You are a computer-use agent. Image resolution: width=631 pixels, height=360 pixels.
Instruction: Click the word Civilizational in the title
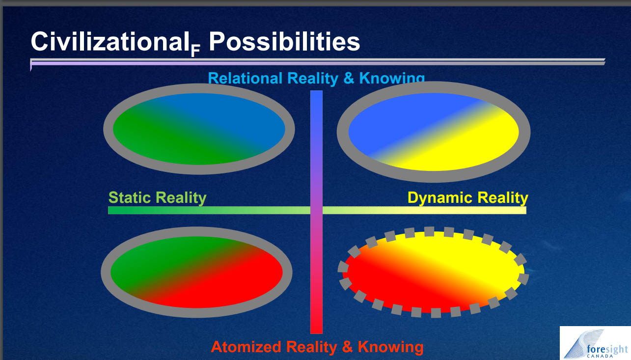tap(108, 41)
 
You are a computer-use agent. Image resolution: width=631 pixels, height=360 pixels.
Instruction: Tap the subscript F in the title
tap(195, 51)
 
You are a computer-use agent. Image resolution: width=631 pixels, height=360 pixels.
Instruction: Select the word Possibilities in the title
tap(284, 41)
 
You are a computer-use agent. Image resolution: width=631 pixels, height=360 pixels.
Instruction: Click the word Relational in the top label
tap(245, 78)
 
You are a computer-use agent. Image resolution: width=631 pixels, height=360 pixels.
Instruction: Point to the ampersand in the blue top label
tap(349, 78)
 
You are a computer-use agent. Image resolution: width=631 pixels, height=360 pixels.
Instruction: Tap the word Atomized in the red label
tap(246, 346)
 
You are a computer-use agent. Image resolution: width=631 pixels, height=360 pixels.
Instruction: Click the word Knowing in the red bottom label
tap(390, 347)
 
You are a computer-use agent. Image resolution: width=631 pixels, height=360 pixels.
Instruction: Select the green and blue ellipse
tap(199, 129)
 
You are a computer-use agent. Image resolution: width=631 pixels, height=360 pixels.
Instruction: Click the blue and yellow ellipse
tap(434, 132)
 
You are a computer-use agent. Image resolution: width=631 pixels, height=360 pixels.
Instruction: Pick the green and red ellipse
tap(196, 272)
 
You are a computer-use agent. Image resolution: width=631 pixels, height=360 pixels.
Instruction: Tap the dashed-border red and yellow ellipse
tap(433, 272)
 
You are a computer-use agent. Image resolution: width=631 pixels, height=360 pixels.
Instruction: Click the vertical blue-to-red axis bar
tap(316, 212)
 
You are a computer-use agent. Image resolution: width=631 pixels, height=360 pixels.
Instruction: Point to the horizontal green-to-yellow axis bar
tap(317, 210)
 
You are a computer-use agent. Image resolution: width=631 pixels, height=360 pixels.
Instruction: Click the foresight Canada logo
tap(595, 343)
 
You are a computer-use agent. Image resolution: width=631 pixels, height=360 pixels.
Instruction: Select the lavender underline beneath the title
tap(318, 62)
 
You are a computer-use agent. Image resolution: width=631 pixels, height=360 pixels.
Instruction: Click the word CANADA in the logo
tap(600, 356)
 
